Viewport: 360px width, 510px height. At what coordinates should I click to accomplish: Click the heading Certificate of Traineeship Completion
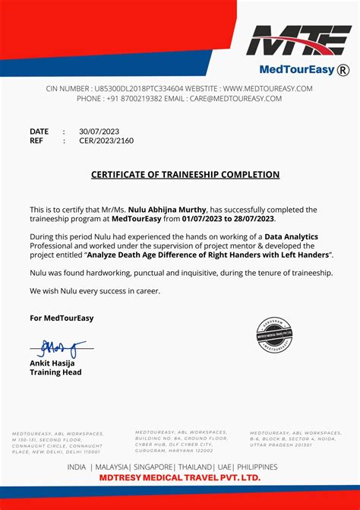pos(185,175)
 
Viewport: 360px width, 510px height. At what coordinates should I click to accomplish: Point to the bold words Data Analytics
pos(291,238)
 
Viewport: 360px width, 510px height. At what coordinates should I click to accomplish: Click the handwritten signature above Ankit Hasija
pos(57,349)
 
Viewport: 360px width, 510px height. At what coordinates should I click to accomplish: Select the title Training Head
pos(55,372)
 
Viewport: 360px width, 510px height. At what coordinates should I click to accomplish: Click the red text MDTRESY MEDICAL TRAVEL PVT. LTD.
pos(180,477)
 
